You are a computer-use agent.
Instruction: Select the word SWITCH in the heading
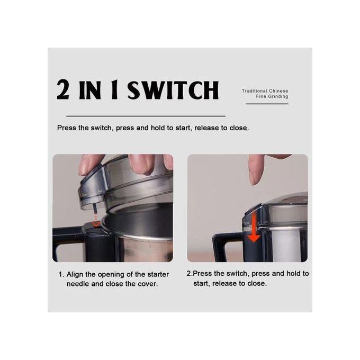click(x=173, y=90)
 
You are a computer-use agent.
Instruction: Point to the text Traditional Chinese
click(x=265, y=91)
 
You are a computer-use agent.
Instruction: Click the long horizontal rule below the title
click(x=146, y=115)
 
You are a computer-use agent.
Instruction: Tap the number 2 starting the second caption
click(x=188, y=274)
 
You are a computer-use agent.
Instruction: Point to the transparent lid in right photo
click(x=281, y=212)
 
